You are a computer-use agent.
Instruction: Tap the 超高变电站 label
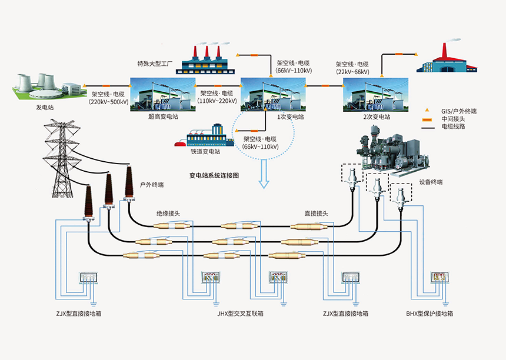pos(162,117)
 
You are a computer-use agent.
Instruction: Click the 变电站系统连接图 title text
pos(214,175)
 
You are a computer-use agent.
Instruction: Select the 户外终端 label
pos(151,185)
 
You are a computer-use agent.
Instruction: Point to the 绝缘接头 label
pos(168,214)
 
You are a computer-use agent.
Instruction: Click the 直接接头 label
pos(316,214)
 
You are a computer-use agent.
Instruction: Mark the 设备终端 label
pos(431,182)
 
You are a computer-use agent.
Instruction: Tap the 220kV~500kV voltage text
pos(109,101)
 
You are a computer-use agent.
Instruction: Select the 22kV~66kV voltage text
pos(352,72)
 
